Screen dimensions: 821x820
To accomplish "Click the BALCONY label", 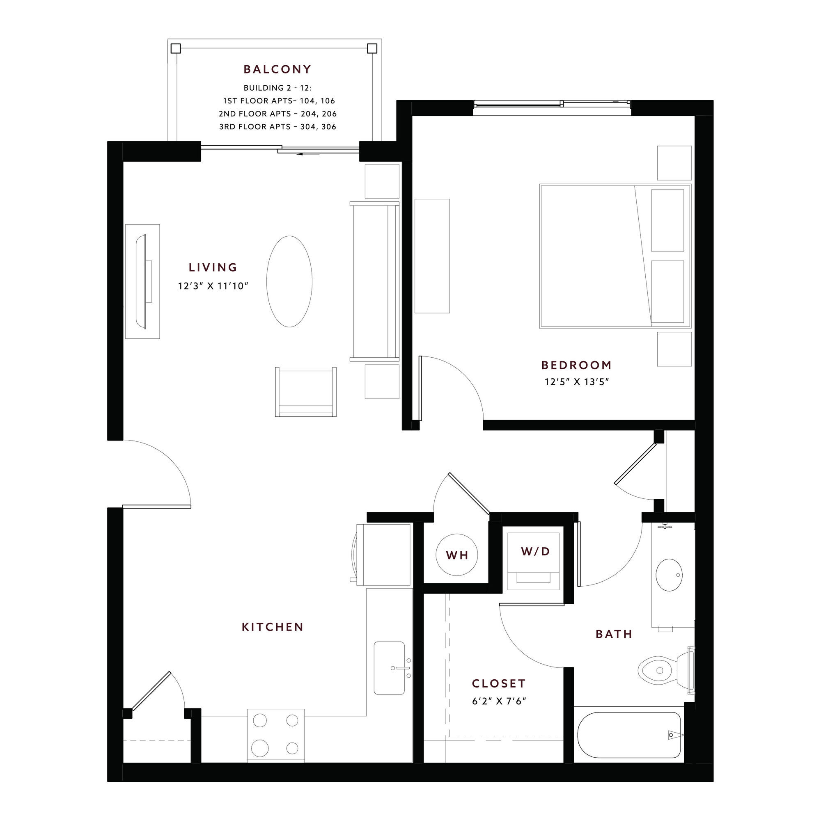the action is click(277, 69).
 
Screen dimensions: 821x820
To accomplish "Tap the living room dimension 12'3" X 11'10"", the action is click(213, 286).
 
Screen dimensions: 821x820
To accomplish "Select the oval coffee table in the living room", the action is click(289, 281).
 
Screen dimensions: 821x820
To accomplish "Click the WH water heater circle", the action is click(457, 555).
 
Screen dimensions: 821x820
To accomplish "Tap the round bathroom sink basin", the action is click(669, 575).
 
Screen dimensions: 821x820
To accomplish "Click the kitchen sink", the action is click(389, 668).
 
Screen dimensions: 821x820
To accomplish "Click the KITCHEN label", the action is click(273, 627).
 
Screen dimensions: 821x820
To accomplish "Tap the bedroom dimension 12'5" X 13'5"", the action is click(577, 382).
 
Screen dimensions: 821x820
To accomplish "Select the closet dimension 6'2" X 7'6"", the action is click(499, 701).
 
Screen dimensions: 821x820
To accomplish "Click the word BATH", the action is click(614, 635).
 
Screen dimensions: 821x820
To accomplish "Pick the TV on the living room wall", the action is click(143, 281).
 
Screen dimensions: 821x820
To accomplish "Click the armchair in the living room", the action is click(305, 391).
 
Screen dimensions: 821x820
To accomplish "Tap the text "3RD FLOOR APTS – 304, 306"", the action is click(277, 126).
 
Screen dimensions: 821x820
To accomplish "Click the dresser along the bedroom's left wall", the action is click(432, 256).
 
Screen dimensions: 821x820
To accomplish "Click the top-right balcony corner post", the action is click(372, 48).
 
